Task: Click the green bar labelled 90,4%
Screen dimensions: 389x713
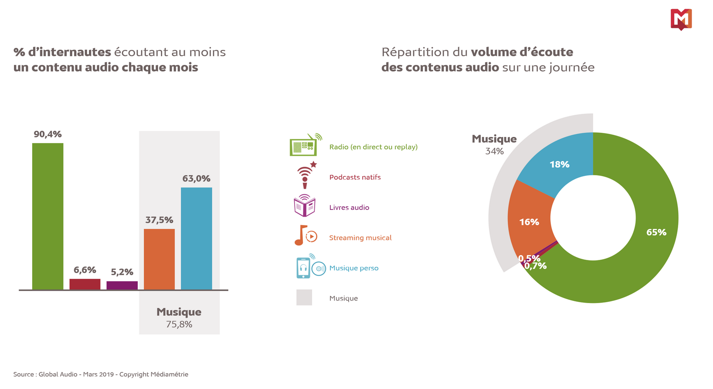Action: tap(48, 216)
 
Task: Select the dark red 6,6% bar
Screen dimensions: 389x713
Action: tap(85, 284)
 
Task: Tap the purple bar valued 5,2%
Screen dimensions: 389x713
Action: tap(122, 286)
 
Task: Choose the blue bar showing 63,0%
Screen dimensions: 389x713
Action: tap(197, 239)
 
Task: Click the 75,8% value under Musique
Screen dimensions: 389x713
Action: tap(179, 324)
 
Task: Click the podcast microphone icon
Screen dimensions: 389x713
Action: tap(306, 176)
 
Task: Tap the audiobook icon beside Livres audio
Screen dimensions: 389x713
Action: tap(305, 206)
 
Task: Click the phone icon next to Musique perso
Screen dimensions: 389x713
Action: tap(303, 267)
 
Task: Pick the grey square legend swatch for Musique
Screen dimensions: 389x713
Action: tap(304, 297)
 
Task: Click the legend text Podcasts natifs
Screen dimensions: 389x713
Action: tap(355, 177)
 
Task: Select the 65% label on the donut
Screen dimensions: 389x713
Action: tap(656, 232)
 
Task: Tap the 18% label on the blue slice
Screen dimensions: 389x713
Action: tap(559, 164)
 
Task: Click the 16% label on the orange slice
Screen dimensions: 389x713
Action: tap(529, 222)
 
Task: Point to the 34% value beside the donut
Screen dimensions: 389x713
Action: tap(494, 151)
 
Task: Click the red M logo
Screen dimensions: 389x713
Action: tap(681, 19)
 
